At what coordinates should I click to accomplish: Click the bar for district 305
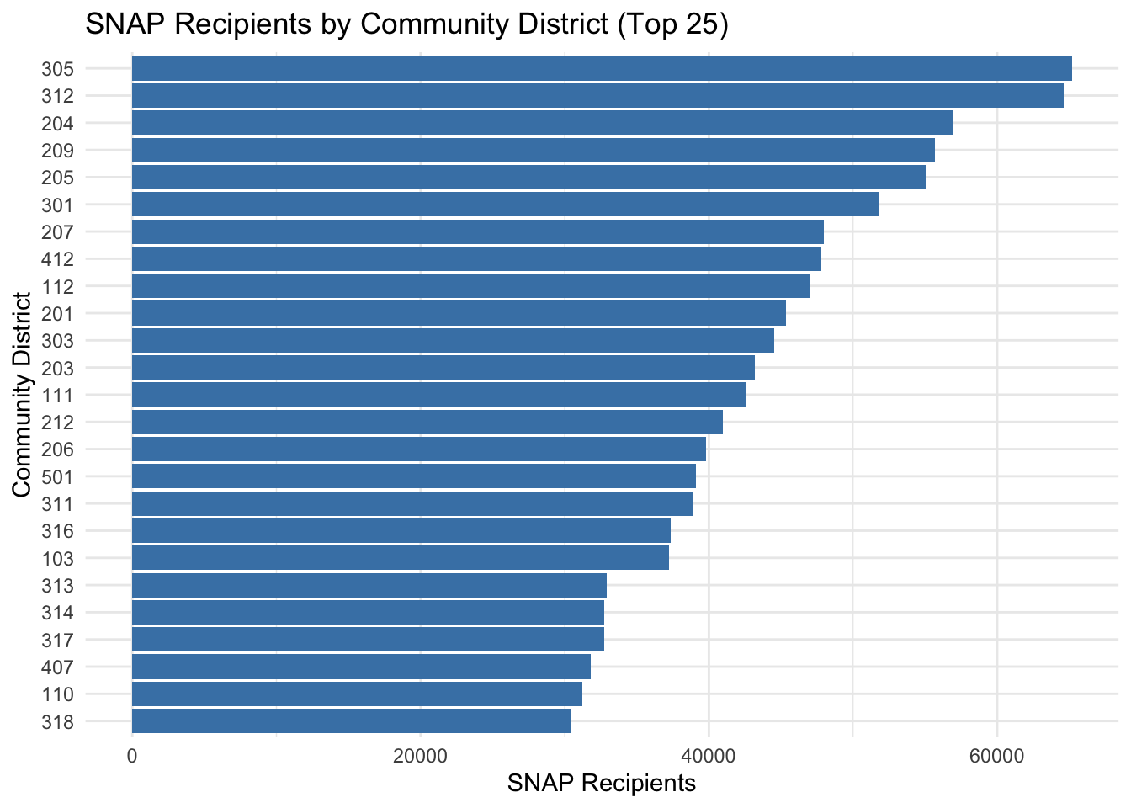(x=602, y=69)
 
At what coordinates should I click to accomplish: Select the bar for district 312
(x=597, y=96)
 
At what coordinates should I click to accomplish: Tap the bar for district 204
(x=542, y=123)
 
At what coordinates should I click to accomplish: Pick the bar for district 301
(x=505, y=205)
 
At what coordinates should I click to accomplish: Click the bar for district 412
(x=476, y=259)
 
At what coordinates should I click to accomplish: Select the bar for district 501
(x=414, y=476)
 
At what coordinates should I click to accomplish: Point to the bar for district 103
(x=401, y=558)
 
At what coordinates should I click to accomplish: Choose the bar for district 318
(x=351, y=721)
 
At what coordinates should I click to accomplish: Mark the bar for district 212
(x=427, y=423)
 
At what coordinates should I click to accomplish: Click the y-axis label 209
(x=57, y=151)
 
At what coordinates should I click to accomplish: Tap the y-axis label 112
(x=57, y=287)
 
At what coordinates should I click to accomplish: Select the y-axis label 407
(x=57, y=667)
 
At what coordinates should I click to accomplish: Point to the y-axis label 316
(x=57, y=531)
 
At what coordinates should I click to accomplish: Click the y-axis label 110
(x=57, y=694)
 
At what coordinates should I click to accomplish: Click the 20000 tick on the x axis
(x=420, y=756)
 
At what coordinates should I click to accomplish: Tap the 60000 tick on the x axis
(x=996, y=756)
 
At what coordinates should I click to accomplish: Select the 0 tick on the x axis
(x=132, y=756)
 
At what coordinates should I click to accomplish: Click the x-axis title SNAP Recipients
(x=601, y=784)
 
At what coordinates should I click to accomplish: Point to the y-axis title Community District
(x=23, y=395)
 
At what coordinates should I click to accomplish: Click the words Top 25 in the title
(x=670, y=25)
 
